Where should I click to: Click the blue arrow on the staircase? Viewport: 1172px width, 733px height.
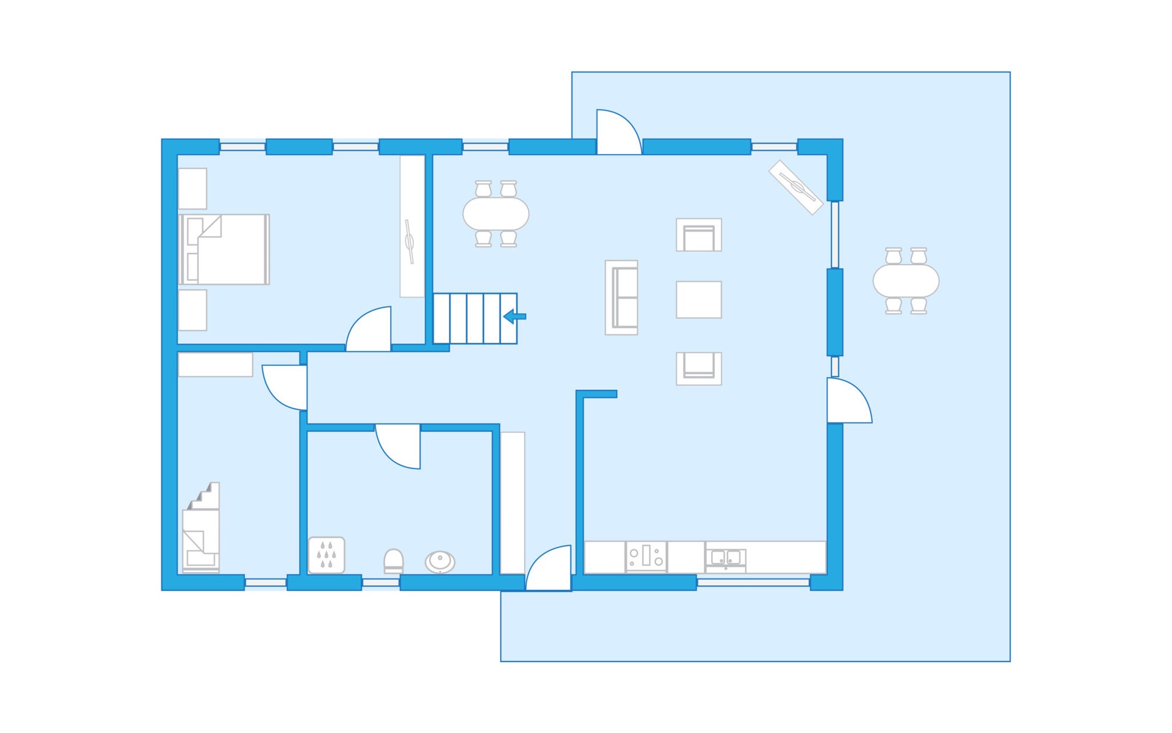coord(515,316)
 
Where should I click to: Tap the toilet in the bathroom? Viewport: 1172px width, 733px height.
coord(393,561)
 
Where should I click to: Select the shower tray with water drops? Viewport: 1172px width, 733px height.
coord(327,555)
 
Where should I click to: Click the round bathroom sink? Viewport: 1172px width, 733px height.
coord(440,561)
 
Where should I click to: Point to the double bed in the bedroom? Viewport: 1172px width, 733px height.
coord(225,249)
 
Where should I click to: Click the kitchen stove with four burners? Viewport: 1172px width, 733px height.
coord(646,556)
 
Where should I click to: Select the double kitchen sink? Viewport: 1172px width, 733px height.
coord(726,558)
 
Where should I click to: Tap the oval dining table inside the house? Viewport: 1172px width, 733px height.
coord(496,214)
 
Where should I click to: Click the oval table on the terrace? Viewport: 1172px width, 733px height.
coord(906,281)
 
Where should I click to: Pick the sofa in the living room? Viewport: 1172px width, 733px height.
coord(621,297)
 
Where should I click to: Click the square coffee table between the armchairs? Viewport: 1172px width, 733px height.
coord(699,299)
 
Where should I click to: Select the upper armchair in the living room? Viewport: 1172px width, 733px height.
coord(699,235)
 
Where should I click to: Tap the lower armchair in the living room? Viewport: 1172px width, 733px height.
coord(699,368)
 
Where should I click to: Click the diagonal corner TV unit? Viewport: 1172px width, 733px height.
coord(795,187)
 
